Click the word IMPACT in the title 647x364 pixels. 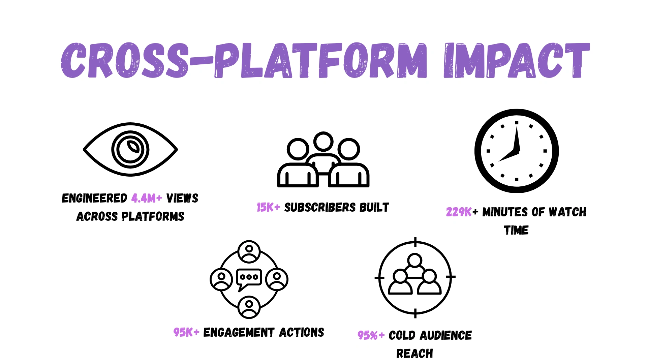(517, 61)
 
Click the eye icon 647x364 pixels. (130, 149)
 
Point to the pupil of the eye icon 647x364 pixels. (130, 149)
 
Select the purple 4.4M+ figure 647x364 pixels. (147, 198)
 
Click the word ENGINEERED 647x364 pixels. (95, 198)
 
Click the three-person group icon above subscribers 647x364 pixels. (323, 159)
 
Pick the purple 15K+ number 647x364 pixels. (268, 207)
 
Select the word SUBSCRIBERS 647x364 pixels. (320, 207)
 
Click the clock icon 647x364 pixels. (517, 151)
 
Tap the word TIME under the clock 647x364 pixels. (516, 230)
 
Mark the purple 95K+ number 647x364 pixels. (186, 332)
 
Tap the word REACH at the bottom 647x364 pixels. (415, 354)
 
